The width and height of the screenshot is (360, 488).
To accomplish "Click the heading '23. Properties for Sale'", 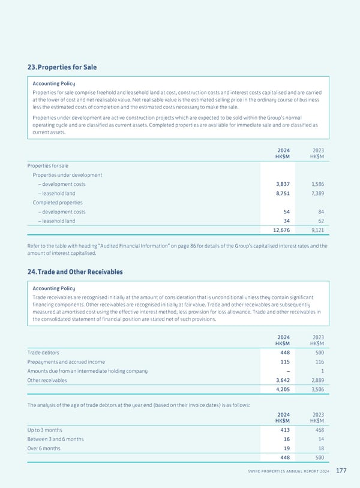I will (x=61, y=67).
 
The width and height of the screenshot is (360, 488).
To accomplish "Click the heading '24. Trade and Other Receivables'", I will (x=75, y=272).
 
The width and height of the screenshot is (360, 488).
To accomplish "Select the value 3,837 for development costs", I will (x=281, y=185).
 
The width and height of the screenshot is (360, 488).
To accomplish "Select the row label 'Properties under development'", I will (x=67, y=175).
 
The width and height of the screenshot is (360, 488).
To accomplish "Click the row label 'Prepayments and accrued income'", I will (x=66, y=362).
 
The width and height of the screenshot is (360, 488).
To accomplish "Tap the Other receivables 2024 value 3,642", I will (x=281, y=380).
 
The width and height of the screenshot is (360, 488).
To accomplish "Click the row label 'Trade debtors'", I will (x=43, y=352).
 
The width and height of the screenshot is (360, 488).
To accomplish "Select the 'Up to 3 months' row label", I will (x=45, y=430).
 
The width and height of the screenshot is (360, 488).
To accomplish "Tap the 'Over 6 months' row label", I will (x=44, y=448).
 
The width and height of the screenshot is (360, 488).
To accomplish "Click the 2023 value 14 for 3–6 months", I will (x=320, y=439).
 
